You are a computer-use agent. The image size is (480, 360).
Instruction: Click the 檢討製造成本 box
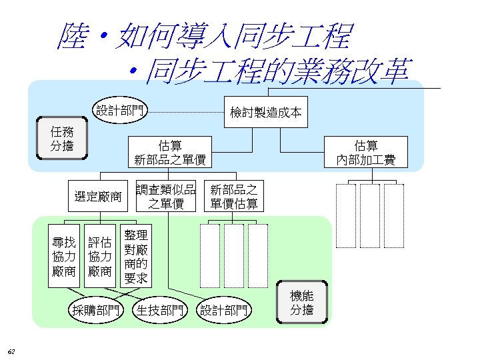click(x=265, y=112)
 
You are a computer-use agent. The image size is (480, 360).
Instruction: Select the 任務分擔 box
click(x=62, y=139)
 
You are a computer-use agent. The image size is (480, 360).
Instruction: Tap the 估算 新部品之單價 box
click(x=169, y=152)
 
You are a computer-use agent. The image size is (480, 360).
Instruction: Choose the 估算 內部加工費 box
click(x=366, y=152)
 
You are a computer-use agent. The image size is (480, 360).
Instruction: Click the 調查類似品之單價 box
click(x=166, y=196)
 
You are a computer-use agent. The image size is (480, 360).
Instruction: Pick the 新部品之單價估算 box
click(x=234, y=196)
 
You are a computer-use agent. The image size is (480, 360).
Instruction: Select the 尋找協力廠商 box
click(x=65, y=257)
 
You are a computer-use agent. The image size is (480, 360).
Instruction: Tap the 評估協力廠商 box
click(x=99, y=257)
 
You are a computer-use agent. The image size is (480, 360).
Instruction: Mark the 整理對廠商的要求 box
click(x=135, y=255)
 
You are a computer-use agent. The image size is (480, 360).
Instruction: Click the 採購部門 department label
click(x=97, y=310)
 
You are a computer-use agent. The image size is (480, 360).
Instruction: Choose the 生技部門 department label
click(x=161, y=310)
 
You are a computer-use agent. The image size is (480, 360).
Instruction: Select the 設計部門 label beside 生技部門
click(x=225, y=310)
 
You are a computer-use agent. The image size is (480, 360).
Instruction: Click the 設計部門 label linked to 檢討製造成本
click(x=119, y=110)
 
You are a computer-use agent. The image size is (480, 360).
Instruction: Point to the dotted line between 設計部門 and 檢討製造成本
click(x=183, y=111)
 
